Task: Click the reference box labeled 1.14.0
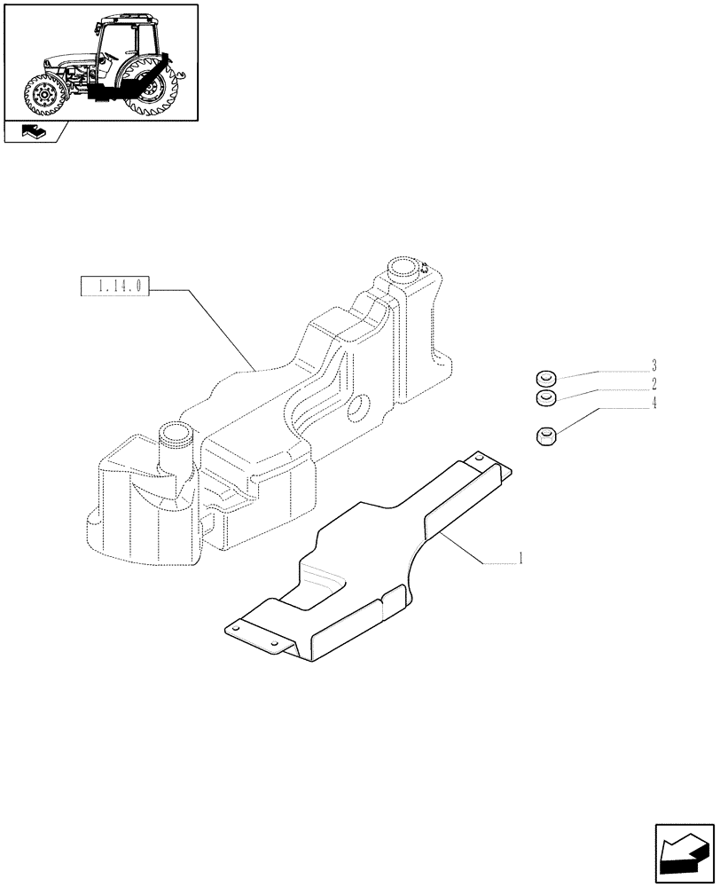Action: click(x=116, y=287)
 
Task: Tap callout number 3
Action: click(x=653, y=365)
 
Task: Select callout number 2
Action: click(x=653, y=384)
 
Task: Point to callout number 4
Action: click(x=653, y=404)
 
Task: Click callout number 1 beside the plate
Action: click(x=520, y=559)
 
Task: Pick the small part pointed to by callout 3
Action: click(x=545, y=377)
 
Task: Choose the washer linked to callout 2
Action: click(x=545, y=397)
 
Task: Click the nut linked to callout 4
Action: click(x=547, y=436)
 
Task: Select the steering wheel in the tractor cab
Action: click(x=111, y=55)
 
